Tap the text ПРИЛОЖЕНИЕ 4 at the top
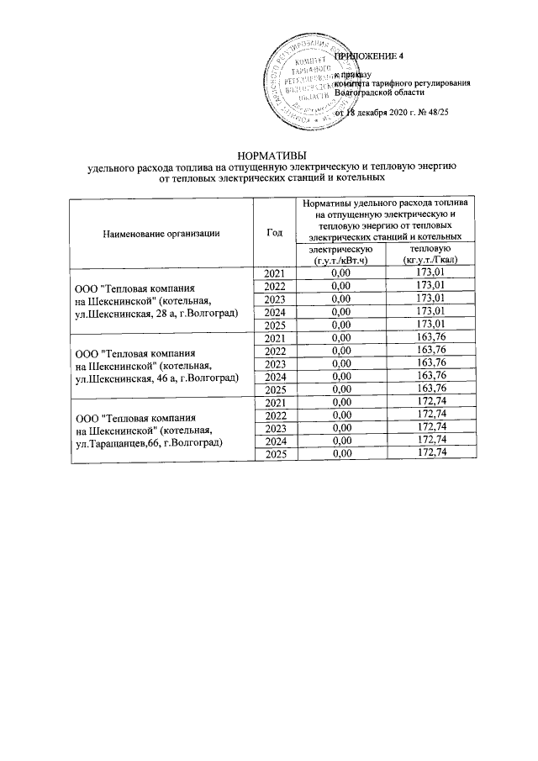point(369,55)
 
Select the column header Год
point(273,233)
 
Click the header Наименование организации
point(161,233)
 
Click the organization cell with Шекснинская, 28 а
point(156,300)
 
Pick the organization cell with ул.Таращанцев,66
point(156,430)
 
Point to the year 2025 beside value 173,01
point(275,325)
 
